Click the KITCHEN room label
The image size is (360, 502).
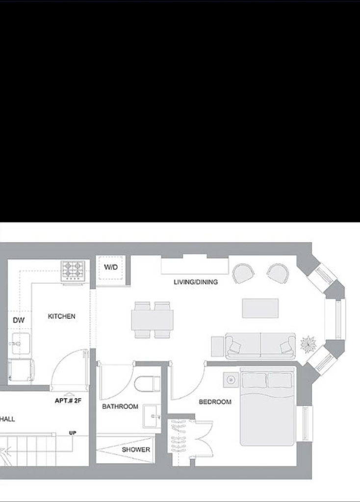(x=61, y=316)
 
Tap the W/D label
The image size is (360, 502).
(x=111, y=267)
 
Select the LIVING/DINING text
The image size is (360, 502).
(x=196, y=282)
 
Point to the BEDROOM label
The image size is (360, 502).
(x=215, y=402)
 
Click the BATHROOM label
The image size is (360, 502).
(x=120, y=406)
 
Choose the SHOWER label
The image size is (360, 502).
(x=136, y=450)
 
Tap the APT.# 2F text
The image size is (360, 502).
(x=68, y=401)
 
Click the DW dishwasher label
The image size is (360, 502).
(x=19, y=320)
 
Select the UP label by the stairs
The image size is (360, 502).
(x=73, y=433)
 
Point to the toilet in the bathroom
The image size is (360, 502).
(x=147, y=384)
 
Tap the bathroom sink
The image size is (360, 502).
(x=151, y=416)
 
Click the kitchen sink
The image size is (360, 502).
(x=21, y=344)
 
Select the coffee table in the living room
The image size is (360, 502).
(x=260, y=308)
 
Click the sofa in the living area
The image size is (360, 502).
(x=260, y=346)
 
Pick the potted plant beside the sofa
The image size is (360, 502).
(x=308, y=345)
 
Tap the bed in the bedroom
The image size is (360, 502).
(x=267, y=406)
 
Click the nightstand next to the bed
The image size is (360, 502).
(x=231, y=380)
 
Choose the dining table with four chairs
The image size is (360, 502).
(x=152, y=320)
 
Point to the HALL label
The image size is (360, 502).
(x=7, y=419)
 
